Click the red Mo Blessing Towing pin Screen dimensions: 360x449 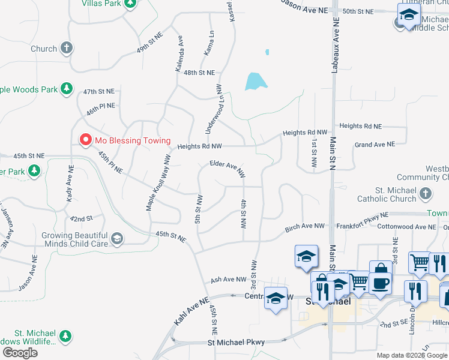click(x=86, y=140)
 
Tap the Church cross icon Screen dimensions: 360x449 click(x=67, y=47)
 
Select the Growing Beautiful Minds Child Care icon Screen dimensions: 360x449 click(x=117, y=239)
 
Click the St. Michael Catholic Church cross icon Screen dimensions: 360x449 click(x=426, y=194)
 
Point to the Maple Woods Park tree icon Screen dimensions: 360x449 click(x=67, y=89)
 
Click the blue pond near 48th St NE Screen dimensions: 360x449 click(x=255, y=81)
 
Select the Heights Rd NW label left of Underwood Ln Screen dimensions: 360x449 click(x=200, y=146)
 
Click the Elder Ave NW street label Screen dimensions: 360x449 click(x=227, y=167)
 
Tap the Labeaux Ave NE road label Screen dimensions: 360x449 click(x=335, y=46)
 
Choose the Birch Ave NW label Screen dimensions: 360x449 click(x=305, y=227)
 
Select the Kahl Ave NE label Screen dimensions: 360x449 click(x=191, y=311)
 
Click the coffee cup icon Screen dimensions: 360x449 click(x=381, y=281)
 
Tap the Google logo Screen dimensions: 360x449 click(x=20, y=353)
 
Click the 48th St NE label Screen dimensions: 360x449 click(x=199, y=73)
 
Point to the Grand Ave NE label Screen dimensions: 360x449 click(x=375, y=145)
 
